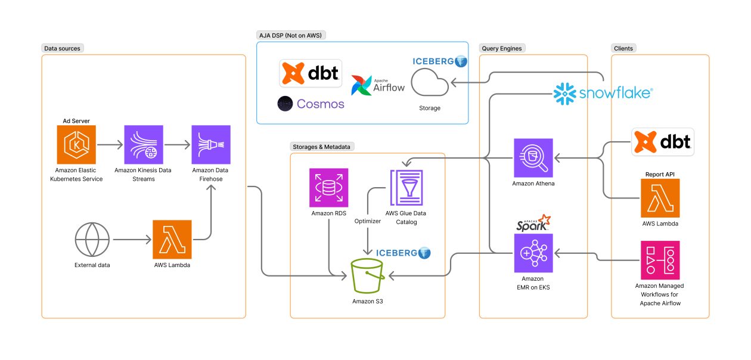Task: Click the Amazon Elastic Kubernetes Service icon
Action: [x=76, y=145]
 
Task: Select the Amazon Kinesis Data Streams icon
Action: [x=143, y=145]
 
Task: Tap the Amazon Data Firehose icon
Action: [x=211, y=145]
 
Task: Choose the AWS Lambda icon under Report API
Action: [x=660, y=198]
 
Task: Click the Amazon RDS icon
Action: [x=329, y=187]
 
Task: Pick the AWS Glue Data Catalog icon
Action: [x=406, y=188]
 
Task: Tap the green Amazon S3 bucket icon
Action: [x=367, y=277]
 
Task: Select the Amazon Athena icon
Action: [x=533, y=158]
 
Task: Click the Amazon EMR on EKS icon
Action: [x=533, y=253]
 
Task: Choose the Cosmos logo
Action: [x=311, y=104]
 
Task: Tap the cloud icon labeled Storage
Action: [x=430, y=83]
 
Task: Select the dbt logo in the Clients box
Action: [x=663, y=141]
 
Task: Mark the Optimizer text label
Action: [x=367, y=221]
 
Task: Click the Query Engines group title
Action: [x=502, y=48]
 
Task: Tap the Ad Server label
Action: [x=76, y=121]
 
